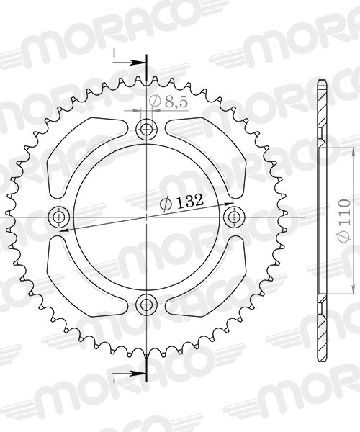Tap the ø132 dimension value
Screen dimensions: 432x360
tap(179, 204)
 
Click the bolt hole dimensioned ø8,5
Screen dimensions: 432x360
tap(147, 130)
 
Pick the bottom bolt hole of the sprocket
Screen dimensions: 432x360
tap(147, 302)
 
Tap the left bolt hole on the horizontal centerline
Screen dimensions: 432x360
tap(58, 216)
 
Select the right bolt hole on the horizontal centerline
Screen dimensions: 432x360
tap(233, 216)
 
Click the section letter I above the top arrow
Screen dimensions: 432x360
tap(113, 52)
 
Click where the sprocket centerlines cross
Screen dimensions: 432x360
tap(147, 216)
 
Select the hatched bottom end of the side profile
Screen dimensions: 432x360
tap(321, 328)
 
